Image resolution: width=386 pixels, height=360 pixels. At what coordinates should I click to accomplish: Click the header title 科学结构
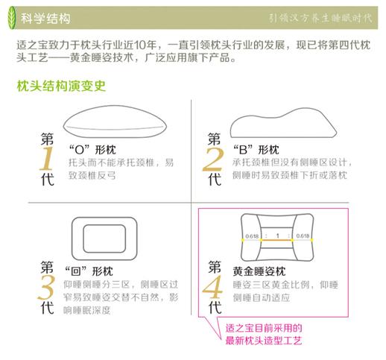tap(51, 14)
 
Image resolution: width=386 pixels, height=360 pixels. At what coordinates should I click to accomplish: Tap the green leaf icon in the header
tap(16, 14)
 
